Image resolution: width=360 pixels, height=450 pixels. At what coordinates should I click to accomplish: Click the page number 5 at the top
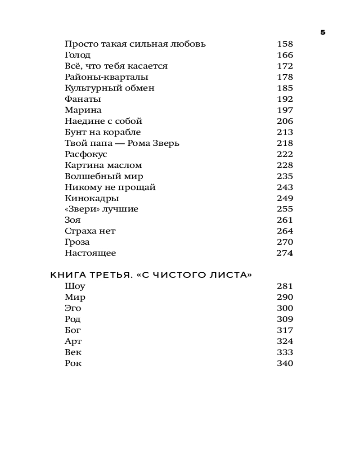tap(323, 32)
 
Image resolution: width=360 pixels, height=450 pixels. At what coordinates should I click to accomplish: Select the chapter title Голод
tap(77, 55)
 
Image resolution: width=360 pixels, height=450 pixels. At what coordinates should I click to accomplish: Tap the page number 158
tap(284, 44)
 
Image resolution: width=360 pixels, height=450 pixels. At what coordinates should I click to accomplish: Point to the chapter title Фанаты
tap(83, 99)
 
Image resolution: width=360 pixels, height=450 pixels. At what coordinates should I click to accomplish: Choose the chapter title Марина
tap(83, 110)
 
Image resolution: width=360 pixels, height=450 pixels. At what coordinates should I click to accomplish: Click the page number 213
tap(284, 132)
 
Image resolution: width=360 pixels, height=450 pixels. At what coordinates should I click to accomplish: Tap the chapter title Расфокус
tap(86, 154)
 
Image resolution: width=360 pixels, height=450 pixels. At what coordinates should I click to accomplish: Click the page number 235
tap(284, 176)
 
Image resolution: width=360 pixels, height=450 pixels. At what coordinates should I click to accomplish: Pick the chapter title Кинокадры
tap(92, 198)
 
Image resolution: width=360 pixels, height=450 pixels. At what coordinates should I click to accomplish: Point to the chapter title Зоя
tap(72, 220)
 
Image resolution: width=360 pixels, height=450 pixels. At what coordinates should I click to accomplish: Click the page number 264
tap(284, 231)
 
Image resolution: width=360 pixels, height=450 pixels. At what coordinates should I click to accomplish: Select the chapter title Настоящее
tap(90, 253)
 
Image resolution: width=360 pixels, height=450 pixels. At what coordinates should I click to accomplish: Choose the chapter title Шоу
tap(75, 286)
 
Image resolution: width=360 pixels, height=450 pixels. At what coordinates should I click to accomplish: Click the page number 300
tap(284, 308)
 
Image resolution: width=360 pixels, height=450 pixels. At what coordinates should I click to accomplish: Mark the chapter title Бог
tap(73, 330)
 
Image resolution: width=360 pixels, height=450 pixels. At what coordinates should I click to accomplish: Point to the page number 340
tap(284, 364)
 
